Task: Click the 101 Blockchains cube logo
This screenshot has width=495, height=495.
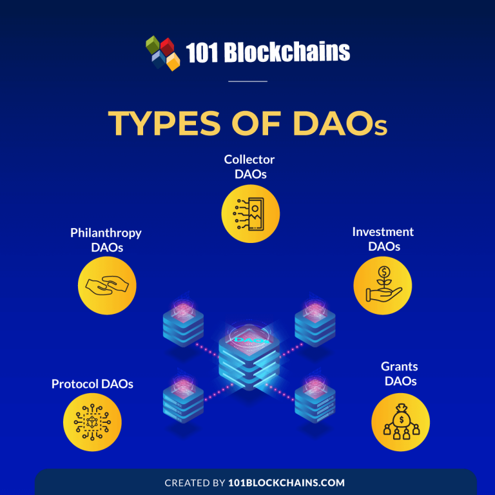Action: [162, 52]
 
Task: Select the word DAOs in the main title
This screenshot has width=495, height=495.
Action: [340, 124]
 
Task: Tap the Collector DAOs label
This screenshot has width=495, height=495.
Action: [249, 166]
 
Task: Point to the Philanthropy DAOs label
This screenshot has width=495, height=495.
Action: [106, 240]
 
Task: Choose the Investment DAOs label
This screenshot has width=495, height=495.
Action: [383, 238]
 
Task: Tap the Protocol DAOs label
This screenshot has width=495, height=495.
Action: [92, 384]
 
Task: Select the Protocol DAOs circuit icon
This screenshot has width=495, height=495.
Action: [92, 422]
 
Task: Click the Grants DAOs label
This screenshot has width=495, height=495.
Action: [400, 374]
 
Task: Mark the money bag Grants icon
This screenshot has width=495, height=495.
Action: [400, 422]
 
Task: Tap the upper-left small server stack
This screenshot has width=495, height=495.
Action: [183, 325]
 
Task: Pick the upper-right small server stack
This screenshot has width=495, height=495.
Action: [315, 325]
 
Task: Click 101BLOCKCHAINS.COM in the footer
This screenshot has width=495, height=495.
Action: [286, 482]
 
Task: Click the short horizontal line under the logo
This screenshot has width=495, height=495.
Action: [247, 82]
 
